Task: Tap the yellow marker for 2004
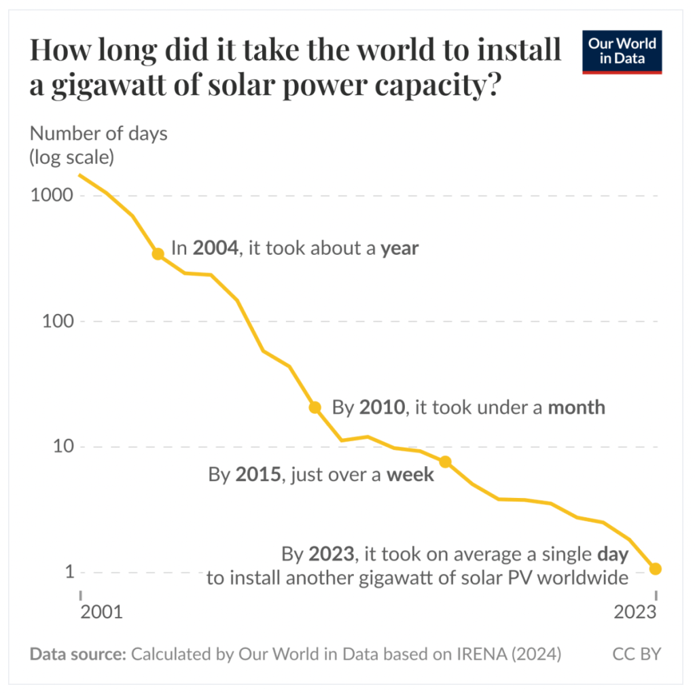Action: click(x=158, y=253)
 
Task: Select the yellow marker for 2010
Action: click(x=315, y=408)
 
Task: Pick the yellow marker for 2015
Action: click(x=446, y=461)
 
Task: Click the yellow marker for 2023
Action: click(x=656, y=569)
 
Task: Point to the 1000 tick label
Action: click(x=50, y=196)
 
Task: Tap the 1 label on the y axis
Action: click(x=69, y=572)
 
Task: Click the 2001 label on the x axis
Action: click(x=102, y=612)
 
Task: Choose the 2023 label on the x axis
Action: click(x=637, y=612)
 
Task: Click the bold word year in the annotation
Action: click(x=399, y=249)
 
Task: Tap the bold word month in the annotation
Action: click(x=576, y=408)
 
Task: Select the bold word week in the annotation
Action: click(x=410, y=474)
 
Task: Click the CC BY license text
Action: click(x=637, y=654)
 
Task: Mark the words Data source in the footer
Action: click(x=77, y=654)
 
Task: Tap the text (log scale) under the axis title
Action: click(x=71, y=158)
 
